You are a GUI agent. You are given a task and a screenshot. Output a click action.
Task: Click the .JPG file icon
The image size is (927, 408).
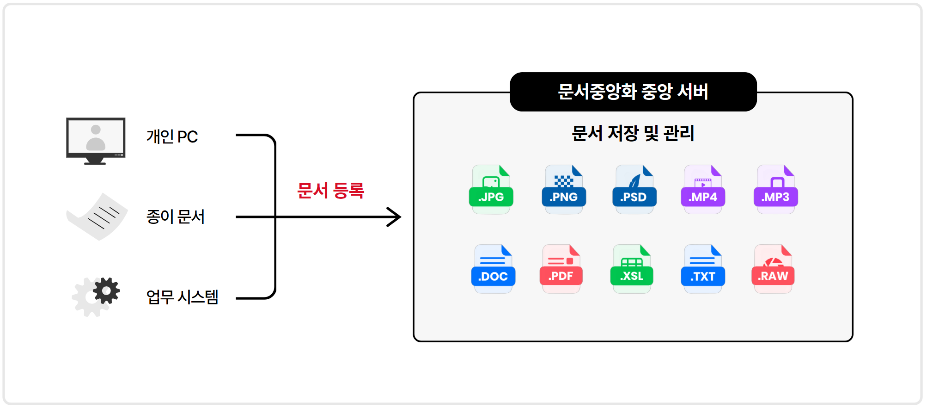tap(491, 189)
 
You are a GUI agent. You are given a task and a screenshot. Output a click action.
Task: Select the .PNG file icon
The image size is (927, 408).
tap(564, 189)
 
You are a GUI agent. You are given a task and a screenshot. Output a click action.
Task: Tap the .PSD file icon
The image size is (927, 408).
tap(634, 189)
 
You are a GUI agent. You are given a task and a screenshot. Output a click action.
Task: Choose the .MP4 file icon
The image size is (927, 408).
tap(703, 189)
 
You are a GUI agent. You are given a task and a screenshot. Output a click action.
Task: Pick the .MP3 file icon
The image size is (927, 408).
tap(776, 189)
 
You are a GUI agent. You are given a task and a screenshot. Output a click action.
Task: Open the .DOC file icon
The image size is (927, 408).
tap(493, 269)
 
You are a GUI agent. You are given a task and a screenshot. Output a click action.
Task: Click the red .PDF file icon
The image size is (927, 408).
tap(561, 269)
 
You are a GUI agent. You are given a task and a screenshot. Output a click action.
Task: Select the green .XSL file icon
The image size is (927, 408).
tap(632, 269)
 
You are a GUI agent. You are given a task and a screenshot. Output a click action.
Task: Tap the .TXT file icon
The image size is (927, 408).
tap(703, 269)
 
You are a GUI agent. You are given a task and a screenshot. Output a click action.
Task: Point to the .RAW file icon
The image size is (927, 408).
tap(773, 269)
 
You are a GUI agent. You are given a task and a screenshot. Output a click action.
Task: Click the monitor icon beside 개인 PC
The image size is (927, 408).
tap(96, 141)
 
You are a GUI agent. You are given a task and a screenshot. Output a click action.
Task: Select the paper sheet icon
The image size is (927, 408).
tap(97, 216)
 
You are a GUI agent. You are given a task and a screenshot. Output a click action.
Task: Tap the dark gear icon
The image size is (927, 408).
tap(106, 291)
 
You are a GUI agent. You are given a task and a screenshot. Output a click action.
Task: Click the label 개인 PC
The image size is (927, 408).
tap(172, 136)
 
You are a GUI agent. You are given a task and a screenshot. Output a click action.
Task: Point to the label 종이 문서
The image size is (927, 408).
tap(175, 216)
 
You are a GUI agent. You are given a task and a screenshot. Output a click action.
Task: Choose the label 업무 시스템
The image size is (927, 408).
tap(182, 297)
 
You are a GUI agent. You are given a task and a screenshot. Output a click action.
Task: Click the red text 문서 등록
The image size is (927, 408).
tap(330, 190)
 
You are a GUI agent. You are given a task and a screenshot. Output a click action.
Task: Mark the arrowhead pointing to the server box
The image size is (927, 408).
tap(395, 217)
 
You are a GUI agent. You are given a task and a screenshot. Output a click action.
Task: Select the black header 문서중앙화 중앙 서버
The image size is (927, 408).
tap(633, 92)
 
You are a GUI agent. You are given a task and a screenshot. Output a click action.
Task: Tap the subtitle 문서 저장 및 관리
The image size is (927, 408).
tap(633, 133)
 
